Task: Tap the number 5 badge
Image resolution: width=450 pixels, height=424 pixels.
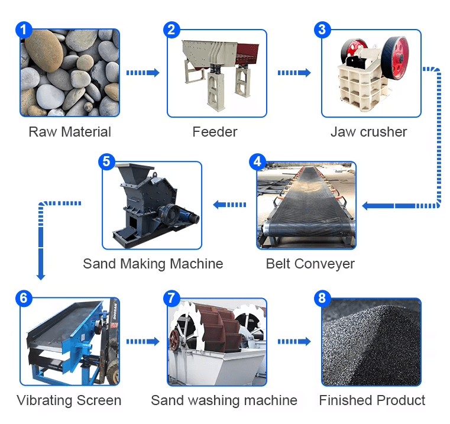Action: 106,161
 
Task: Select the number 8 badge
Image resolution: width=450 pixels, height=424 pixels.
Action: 322,298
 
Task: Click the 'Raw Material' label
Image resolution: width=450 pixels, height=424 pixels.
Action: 70,131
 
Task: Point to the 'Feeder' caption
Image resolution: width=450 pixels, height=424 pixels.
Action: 215,131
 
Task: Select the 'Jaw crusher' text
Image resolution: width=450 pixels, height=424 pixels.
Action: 368,131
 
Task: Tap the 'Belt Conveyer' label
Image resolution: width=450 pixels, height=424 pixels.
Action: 310,263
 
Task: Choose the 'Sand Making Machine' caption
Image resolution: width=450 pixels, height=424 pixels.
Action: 153,263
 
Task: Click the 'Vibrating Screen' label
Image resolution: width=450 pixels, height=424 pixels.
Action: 69,400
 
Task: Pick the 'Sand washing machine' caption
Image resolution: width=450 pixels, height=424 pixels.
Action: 224,400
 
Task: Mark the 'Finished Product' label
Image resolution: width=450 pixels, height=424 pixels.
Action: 372,400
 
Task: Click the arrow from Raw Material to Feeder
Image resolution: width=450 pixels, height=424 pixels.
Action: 143,73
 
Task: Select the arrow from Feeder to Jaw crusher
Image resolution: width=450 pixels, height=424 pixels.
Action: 294,73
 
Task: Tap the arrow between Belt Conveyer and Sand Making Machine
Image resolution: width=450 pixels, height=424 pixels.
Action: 230,205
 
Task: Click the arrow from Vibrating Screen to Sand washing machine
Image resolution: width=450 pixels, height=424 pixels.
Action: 143,341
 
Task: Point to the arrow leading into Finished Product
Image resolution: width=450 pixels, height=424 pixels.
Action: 294,341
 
